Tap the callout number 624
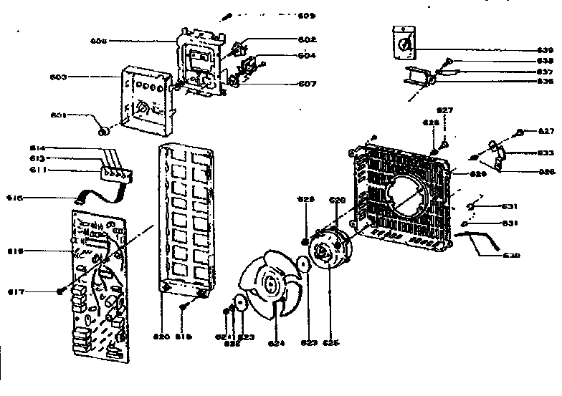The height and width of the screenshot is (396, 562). pos(277,343)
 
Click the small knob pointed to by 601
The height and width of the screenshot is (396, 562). pos(105,131)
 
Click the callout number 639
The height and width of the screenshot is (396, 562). pos(545,50)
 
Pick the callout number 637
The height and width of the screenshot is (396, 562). pos(545,72)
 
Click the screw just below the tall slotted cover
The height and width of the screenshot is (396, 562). pos(184,307)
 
